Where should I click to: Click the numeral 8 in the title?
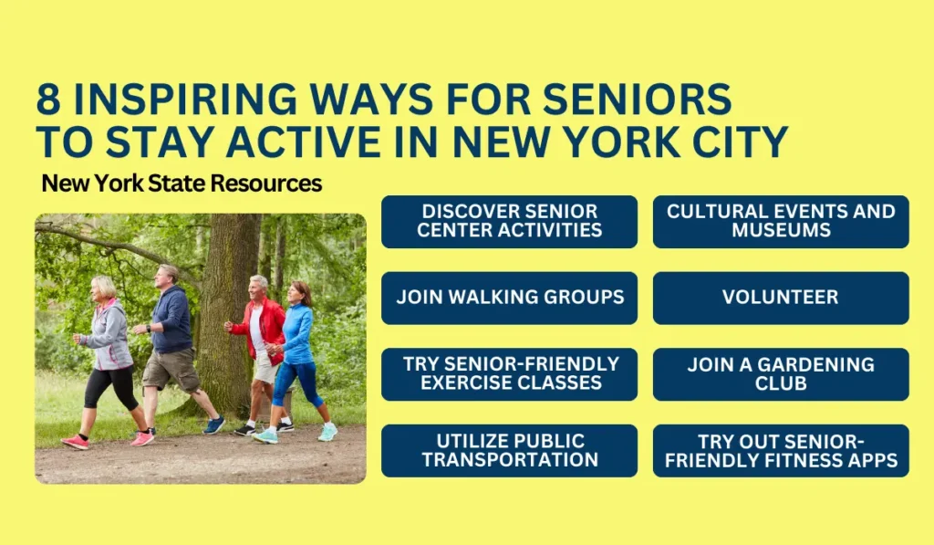[x=49, y=99]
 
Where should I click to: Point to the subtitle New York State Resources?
[x=182, y=183]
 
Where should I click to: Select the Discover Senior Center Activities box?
[x=509, y=222]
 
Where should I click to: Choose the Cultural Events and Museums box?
[x=781, y=222]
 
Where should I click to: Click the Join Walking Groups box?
[x=509, y=299]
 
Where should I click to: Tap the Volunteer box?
[x=781, y=299]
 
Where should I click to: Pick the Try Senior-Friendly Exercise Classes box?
[x=509, y=374]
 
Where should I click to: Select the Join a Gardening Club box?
[x=781, y=374]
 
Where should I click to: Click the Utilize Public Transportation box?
[x=509, y=451]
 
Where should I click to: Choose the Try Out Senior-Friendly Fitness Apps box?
[x=781, y=451]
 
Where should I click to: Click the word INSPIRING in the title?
[x=184, y=99]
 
